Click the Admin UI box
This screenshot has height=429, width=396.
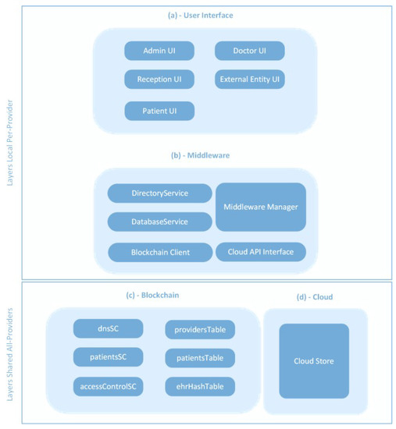pyautogui.click(x=159, y=51)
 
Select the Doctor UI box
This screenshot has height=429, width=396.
pyautogui.click(x=249, y=51)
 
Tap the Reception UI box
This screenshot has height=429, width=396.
pyautogui.click(x=159, y=80)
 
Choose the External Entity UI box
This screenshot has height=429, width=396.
pyautogui.click(x=249, y=80)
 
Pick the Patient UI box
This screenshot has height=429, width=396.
pyautogui.click(x=159, y=111)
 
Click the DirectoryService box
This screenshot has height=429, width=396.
pyautogui.click(x=159, y=193)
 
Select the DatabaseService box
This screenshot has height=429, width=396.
pyautogui.click(x=159, y=222)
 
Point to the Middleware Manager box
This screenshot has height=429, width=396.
pyautogui.click(x=260, y=207)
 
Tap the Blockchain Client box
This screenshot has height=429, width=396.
pyautogui.click(x=159, y=252)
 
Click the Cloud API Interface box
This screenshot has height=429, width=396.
pyautogui.click(x=260, y=252)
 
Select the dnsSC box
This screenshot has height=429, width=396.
pyautogui.click(x=108, y=328)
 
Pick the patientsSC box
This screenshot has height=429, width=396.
pyautogui.click(x=108, y=357)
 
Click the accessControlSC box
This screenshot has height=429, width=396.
pyautogui.click(x=108, y=386)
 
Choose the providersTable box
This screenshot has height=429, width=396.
pyautogui.click(x=200, y=329)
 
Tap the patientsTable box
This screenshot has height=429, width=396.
pyautogui.click(x=200, y=358)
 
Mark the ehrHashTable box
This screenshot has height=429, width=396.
pyautogui.click(x=200, y=386)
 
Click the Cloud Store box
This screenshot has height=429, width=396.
pyautogui.click(x=314, y=360)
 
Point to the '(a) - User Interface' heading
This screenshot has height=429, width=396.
pyautogui.click(x=202, y=15)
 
